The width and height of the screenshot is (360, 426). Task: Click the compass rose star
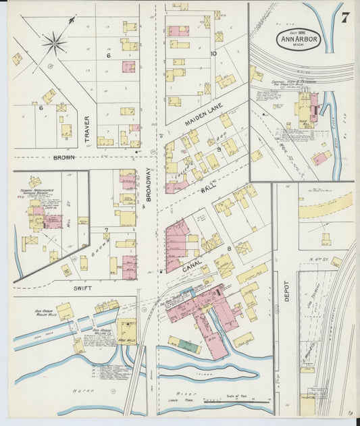click(55, 44)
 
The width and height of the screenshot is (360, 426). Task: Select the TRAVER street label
click(86, 129)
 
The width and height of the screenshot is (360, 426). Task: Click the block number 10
click(213, 53)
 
